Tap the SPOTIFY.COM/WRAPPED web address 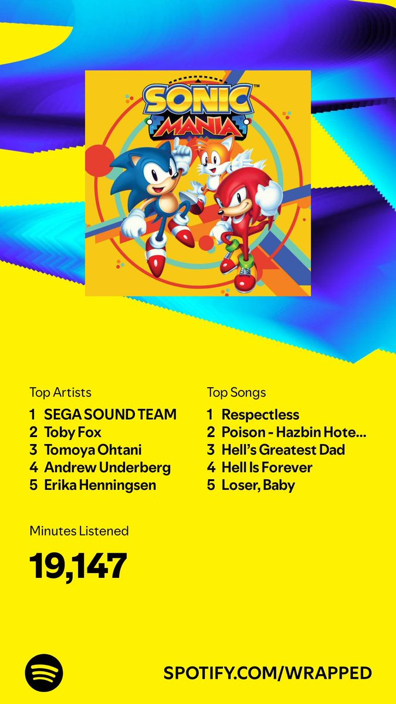[268, 673]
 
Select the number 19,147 [78, 566]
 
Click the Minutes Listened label [79, 531]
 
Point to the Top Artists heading [60, 392]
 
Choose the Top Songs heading [236, 392]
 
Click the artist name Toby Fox [73, 432]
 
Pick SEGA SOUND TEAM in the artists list [110, 415]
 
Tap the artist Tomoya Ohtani [93, 450]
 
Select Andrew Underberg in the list [107, 468]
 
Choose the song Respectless [260, 415]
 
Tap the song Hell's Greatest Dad [283, 450]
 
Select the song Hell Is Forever [267, 468]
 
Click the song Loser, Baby [258, 485]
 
